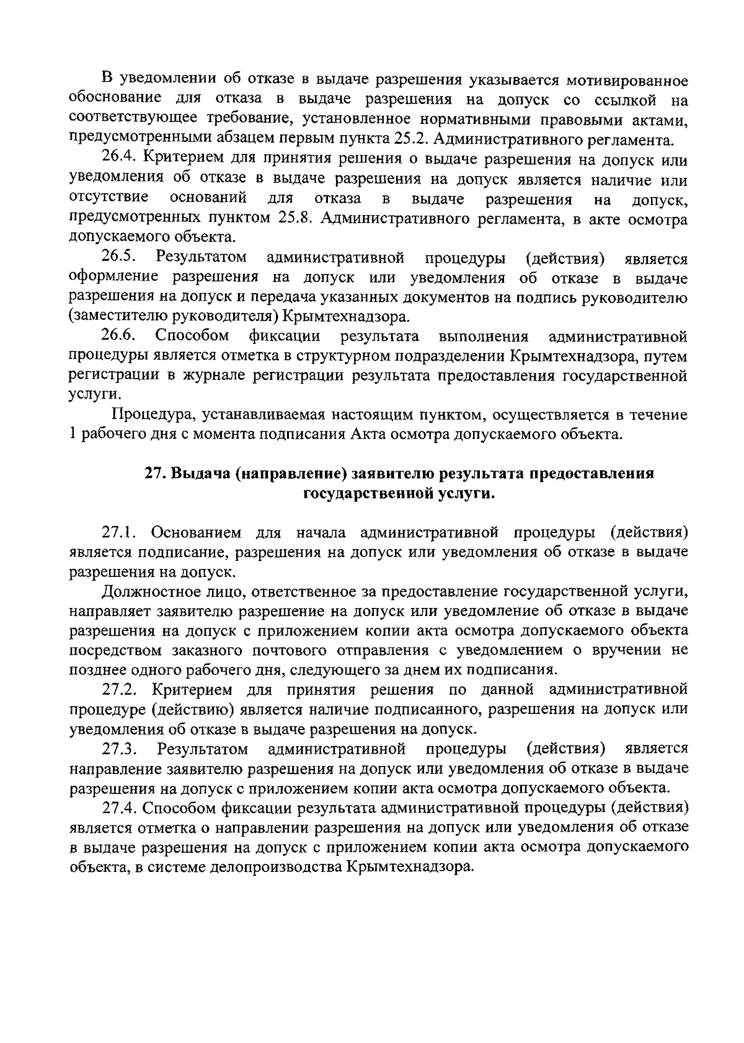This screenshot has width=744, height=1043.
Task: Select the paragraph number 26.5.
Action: click(120, 257)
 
